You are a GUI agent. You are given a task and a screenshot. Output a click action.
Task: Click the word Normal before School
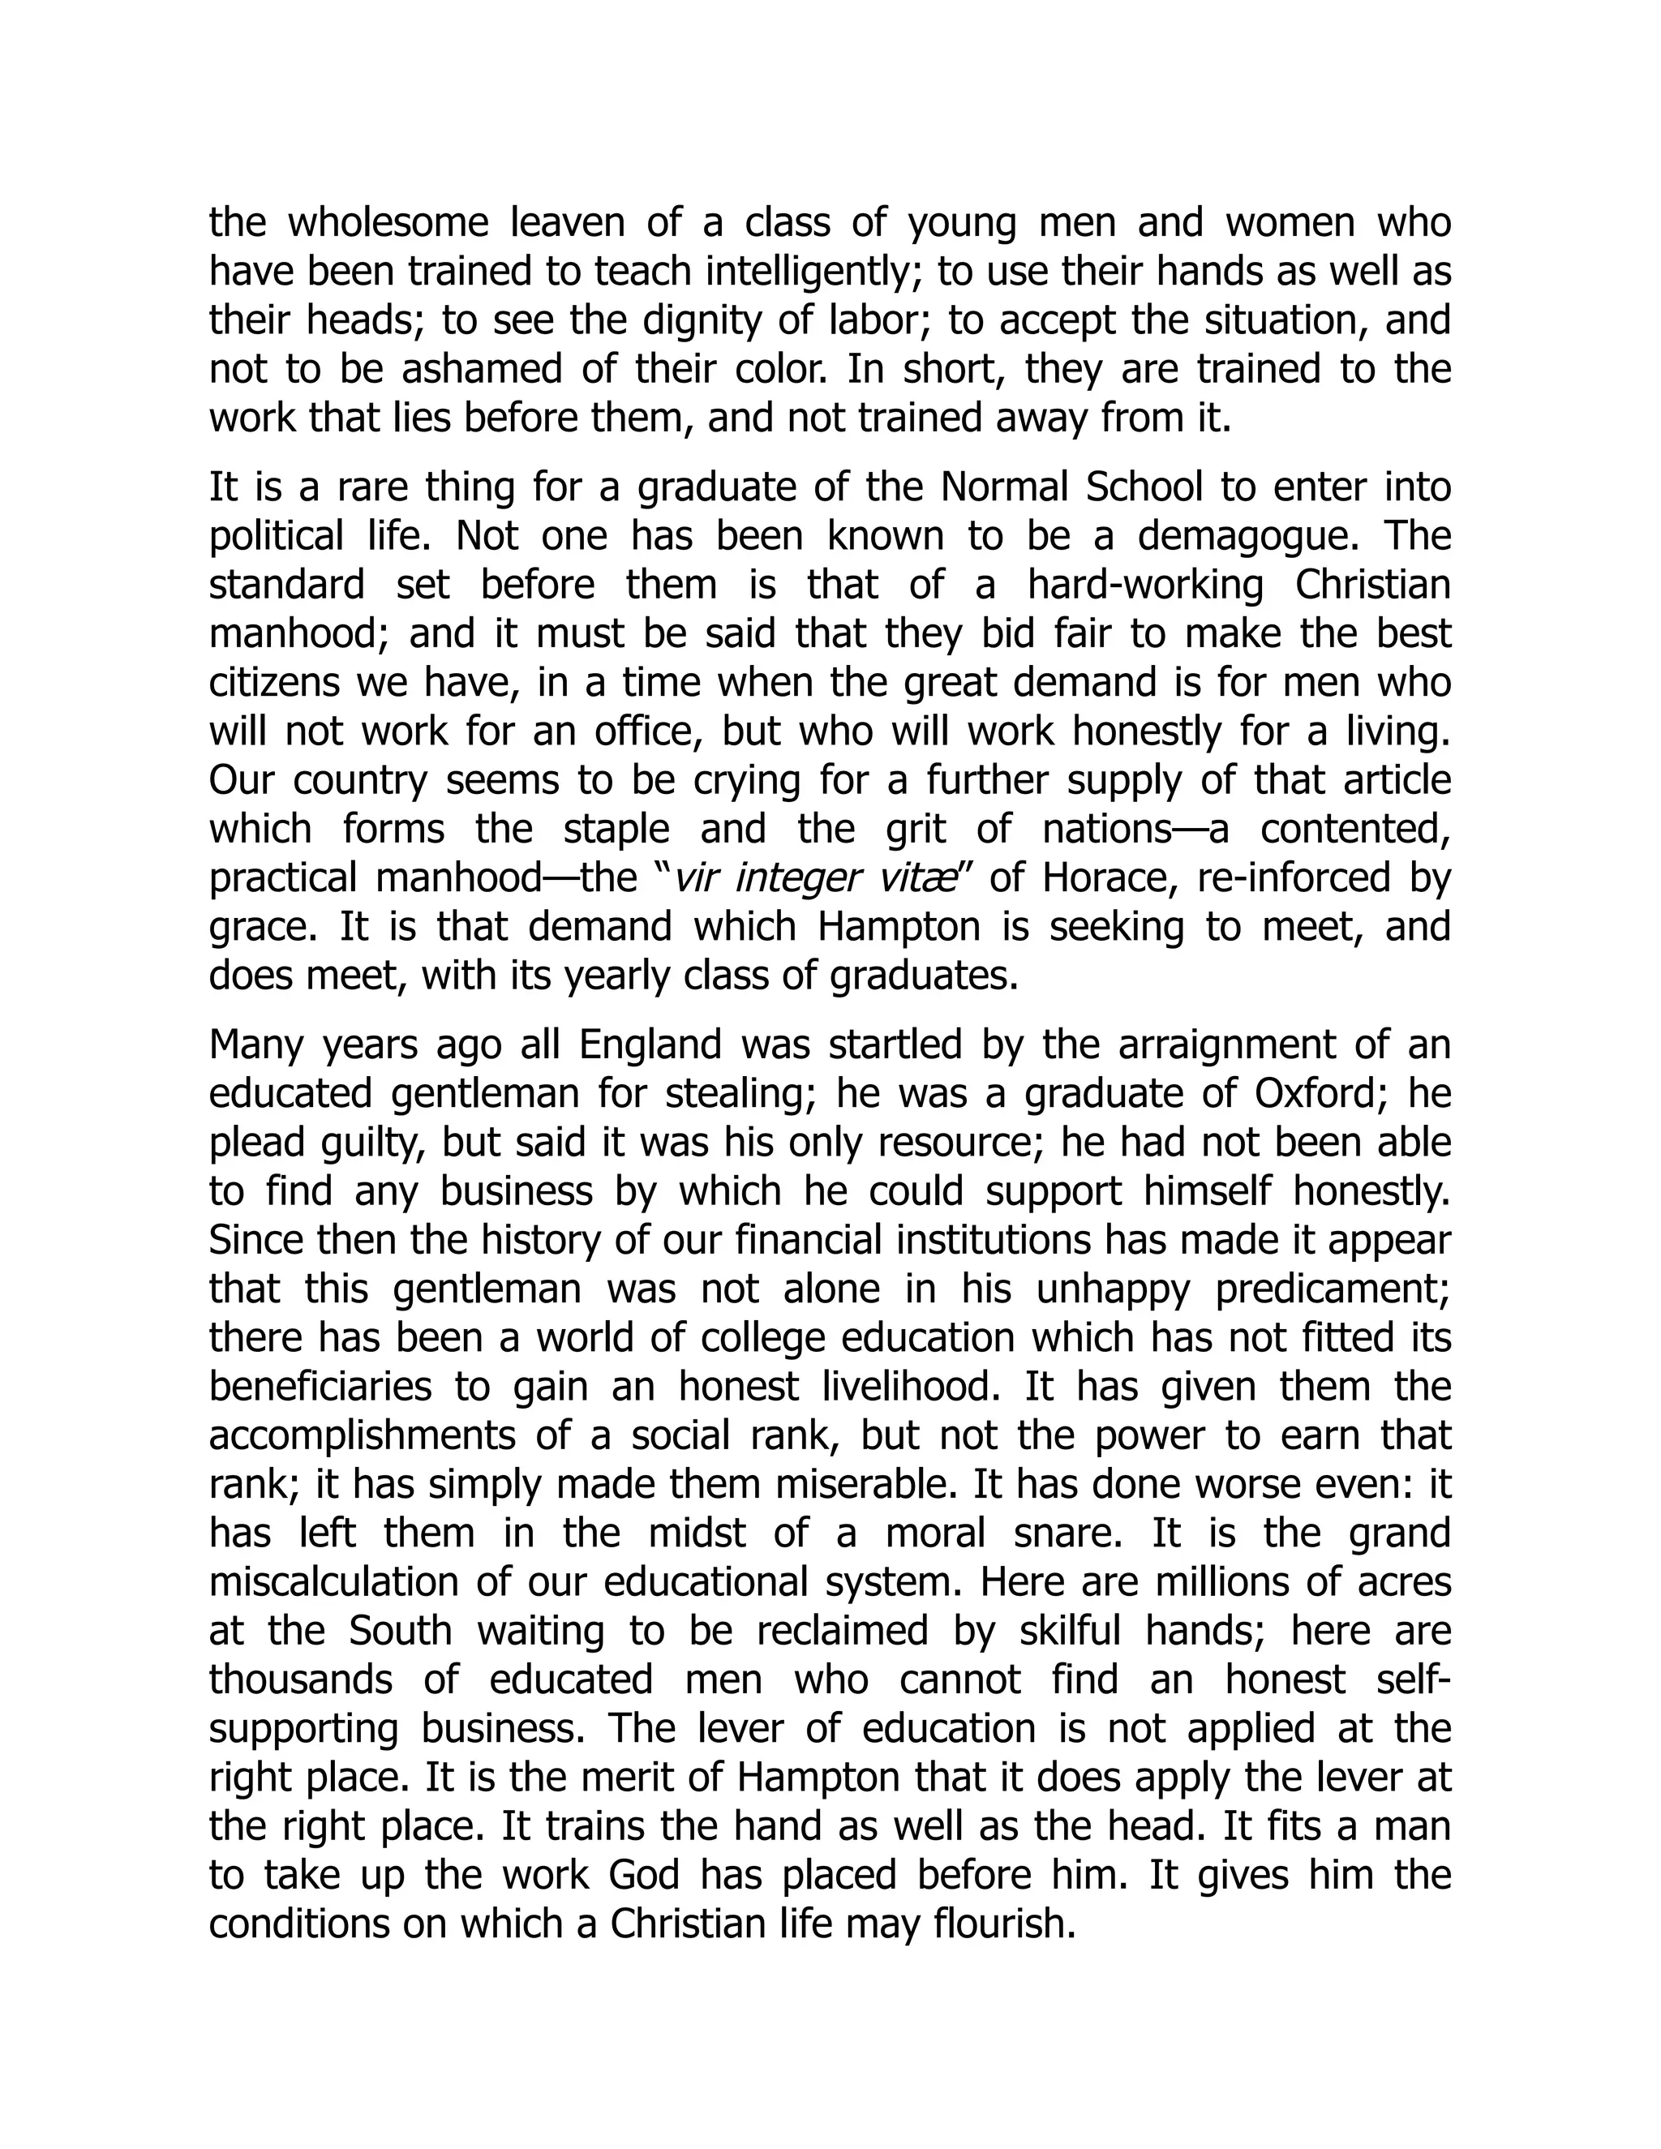[x=1005, y=487]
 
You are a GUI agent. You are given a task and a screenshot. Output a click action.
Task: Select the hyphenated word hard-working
[x=1145, y=586]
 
